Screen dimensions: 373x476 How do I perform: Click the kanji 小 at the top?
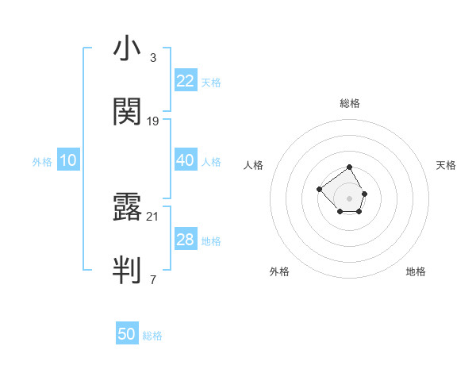click(127, 50)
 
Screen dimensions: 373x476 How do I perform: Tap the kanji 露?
click(127, 208)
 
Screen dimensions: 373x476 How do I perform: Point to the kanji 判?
click(127, 270)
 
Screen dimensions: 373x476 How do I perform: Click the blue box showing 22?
click(185, 81)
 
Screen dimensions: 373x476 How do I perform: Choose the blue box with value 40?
click(185, 160)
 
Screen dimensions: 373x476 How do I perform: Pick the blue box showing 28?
click(185, 240)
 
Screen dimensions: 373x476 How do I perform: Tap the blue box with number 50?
click(127, 334)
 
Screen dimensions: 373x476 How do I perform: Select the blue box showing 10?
click(68, 160)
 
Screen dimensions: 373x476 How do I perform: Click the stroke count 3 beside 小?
click(152, 58)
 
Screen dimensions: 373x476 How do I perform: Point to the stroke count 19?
click(153, 121)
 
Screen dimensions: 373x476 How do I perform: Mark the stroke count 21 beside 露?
click(153, 216)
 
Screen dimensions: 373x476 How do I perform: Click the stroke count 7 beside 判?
click(152, 279)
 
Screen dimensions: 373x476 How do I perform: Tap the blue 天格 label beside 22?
click(211, 82)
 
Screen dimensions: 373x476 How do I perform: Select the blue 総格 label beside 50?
click(152, 336)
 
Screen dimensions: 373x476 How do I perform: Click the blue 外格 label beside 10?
click(42, 161)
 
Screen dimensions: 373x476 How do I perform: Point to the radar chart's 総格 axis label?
click(350, 103)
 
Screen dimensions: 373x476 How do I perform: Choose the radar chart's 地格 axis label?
click(416, 271)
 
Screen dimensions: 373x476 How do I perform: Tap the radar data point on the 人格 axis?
click(319, 189)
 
